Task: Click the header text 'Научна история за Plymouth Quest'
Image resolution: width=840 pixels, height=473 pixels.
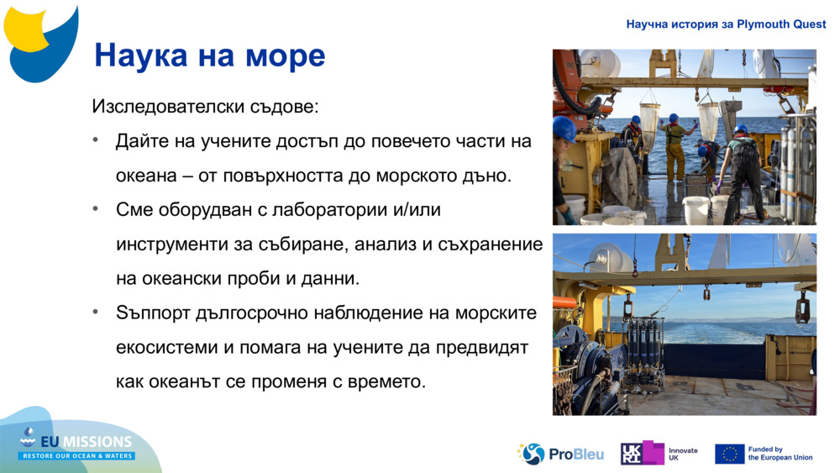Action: coord(726,24)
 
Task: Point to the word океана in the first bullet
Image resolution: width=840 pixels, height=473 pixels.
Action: coord(144,176)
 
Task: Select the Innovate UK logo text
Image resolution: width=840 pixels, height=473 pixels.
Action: coord(682,454)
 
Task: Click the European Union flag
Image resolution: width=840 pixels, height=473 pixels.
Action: coord(729,454)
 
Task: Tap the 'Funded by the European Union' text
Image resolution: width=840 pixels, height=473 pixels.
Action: coord(780,454)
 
